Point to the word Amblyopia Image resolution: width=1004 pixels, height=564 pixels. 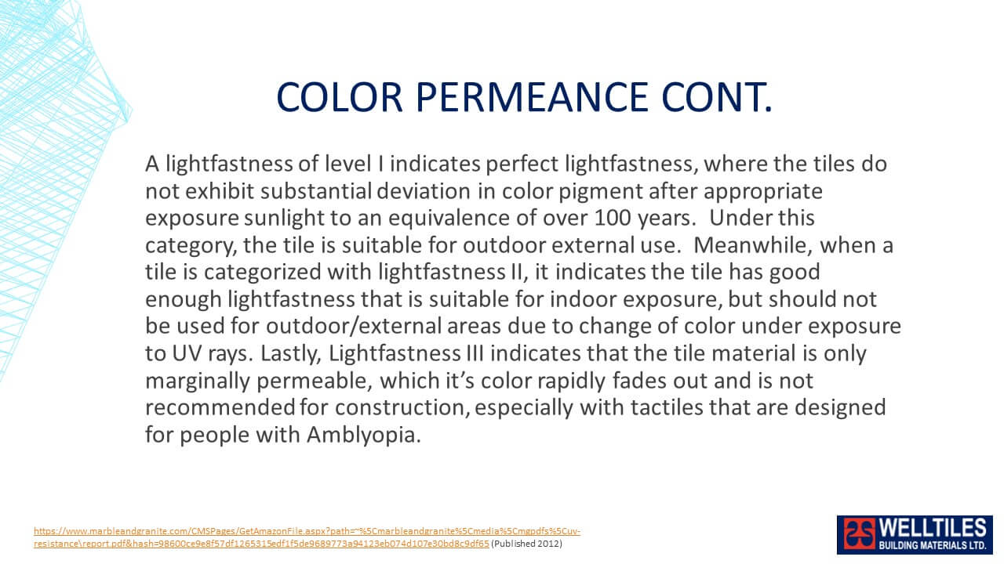click(363, 435)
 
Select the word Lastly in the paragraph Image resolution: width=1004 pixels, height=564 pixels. click(291, 353)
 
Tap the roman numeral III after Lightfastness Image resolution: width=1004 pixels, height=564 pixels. click(475, 353)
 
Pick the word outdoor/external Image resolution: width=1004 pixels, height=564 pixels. click(354, 327)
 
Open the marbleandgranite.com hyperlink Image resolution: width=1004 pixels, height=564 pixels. click(307, 537)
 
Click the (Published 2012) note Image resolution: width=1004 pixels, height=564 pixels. click(526, 544)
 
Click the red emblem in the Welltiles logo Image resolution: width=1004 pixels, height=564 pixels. click(859, 533)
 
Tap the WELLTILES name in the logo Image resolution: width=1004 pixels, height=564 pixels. click(933, 529)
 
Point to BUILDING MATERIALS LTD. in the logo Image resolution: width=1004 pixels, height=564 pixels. click(933, 545)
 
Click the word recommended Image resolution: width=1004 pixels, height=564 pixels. click(220, 407)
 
